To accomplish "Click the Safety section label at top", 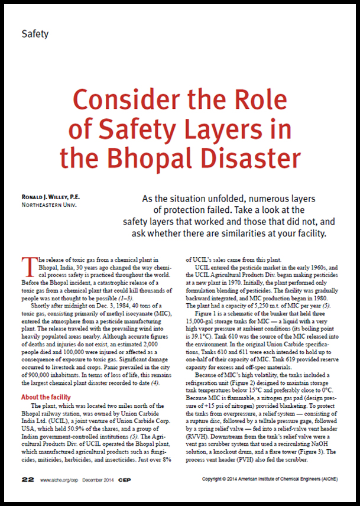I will [x=35, y=34].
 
